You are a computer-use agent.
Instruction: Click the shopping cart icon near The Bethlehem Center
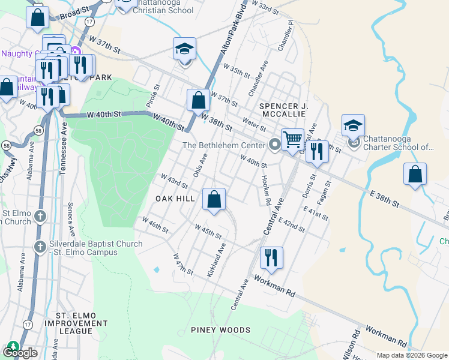(x=292, y=139)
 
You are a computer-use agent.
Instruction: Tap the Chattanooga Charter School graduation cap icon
(x=354, y=125)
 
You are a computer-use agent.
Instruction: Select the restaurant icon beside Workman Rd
(x=271, y=257)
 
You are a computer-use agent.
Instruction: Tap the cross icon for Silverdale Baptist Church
(x=40, y=247)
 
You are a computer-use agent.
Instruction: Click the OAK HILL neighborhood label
(x=175, y=199)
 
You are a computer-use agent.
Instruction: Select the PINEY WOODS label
(x=220, y=330)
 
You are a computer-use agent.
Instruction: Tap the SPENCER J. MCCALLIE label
(x=283, y=110)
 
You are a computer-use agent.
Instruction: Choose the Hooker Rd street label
(x=267, y=188)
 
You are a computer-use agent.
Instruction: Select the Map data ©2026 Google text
(x=412, y=355)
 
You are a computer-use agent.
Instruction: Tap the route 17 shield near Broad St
(x=89, y=21)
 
